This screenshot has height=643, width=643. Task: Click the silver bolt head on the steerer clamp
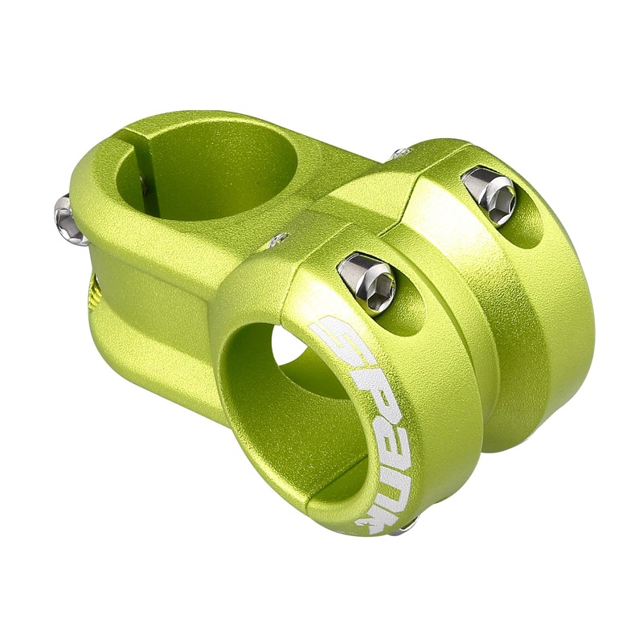[70, 220]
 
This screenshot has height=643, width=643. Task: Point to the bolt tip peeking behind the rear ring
[400, 153]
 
